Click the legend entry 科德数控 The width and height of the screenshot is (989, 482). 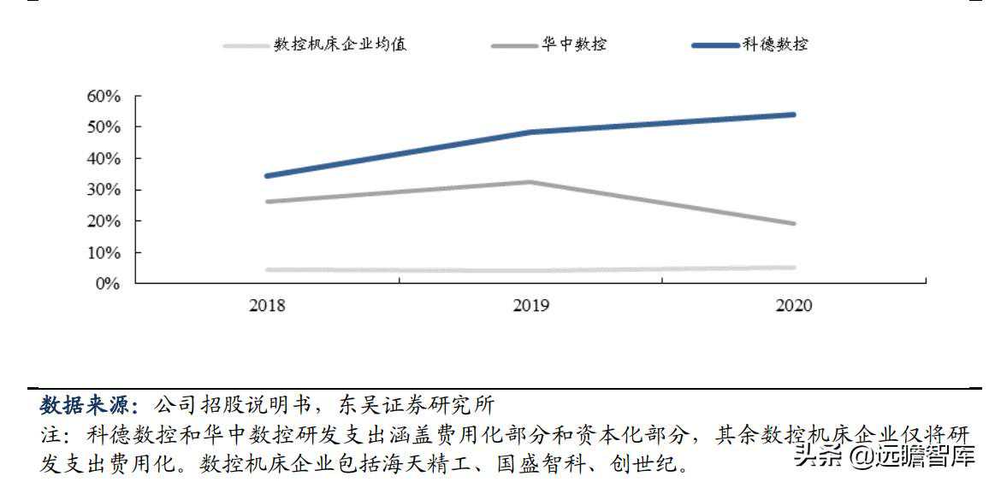point(774,44)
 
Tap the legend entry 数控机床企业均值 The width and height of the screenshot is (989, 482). point(340,44)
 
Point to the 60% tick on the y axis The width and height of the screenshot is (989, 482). point(104,96)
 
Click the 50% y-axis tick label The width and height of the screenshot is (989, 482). point(104,127)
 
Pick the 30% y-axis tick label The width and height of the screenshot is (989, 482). point(104,190)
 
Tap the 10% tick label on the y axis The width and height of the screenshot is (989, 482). point(104,253)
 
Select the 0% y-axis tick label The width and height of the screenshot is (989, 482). point(107,284)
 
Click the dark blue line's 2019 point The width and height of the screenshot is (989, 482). point(530,132)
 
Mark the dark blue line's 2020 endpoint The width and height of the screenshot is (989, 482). point(793,115)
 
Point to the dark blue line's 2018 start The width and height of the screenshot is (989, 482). point(267,176)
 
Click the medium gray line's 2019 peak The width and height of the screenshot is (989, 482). point(530,182)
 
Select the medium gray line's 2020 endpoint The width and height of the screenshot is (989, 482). point(793,224)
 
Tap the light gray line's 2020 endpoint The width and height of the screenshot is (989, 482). point(793,267)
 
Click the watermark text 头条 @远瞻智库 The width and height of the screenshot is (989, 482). point(885,456)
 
